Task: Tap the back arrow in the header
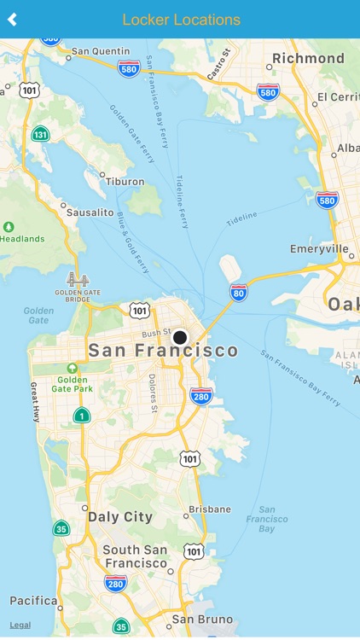[x=12, y=20]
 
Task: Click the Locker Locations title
[x=181, y=20]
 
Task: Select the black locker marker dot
[x=180, y=338]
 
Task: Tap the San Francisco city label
[x=164, y=351]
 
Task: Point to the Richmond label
[x=307, y=59]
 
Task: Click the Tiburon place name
[x=124, y=182]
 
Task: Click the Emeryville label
[x=318, y=249]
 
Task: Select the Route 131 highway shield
[x=40, y=134]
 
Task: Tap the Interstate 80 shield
[x=239, y=293]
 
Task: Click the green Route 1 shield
[x=81, y=416]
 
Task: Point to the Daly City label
[x=120, y=516]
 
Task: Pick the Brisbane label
[x=210, y=509]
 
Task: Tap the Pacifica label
[x=33, y=601]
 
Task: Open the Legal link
[x=20, y=625]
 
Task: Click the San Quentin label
[x=100, y=51]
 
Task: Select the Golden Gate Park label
[x=72, y=384]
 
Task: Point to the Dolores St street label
[x=153, y=393]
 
